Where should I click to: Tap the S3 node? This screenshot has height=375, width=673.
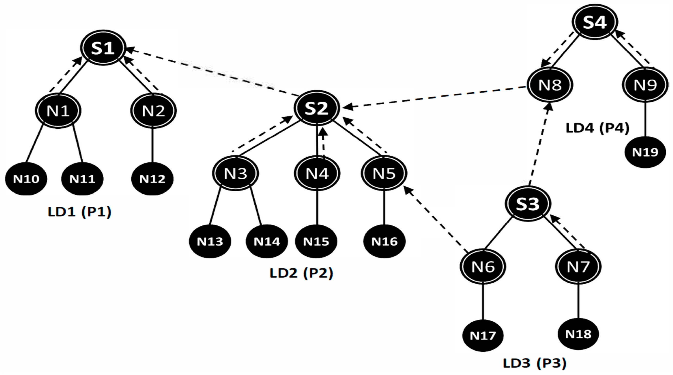coord(527,204)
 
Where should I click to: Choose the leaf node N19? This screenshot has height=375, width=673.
coord(645,152)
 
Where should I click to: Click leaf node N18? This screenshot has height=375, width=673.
coord(578,334)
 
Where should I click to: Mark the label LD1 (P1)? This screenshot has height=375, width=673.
coord(79,212)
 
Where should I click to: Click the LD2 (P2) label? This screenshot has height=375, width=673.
coord(301,273)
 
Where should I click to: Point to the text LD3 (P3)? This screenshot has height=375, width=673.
coord(534,363)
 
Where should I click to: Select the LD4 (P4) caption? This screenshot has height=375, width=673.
coord(597,128)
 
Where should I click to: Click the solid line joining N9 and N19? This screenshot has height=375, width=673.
coord(645,120)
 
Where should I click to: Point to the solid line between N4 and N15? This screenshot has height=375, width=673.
coord(317,208)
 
